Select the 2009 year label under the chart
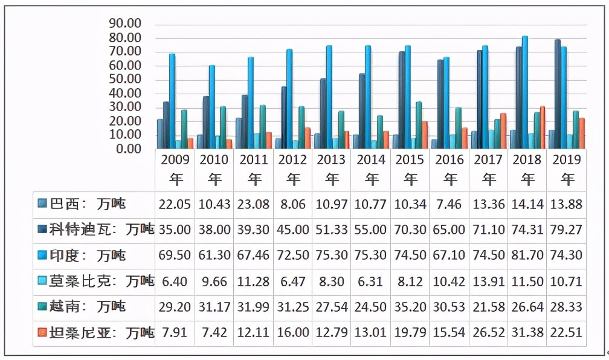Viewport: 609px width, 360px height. [175, 159]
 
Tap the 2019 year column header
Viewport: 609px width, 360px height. [566, 159]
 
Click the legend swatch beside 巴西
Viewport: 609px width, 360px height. [42, 204]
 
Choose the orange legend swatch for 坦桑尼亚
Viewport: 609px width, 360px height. [42, 332]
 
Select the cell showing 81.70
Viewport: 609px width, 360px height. [527, 255]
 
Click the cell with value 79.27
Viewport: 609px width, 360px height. [566, 230]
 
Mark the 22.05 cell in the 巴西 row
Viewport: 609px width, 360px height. [175, 204]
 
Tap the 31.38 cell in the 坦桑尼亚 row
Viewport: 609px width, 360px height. [527, 332]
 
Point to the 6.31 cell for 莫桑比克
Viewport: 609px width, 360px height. [372, 281]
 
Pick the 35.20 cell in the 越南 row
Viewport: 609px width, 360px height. [411, 307]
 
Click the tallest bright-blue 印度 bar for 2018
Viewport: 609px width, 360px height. [524, 91]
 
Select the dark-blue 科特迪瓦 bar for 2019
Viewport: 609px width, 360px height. [558, 94]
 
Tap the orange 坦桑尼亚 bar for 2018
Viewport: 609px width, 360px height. [543, 127]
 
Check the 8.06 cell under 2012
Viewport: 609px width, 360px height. [293, 204]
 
